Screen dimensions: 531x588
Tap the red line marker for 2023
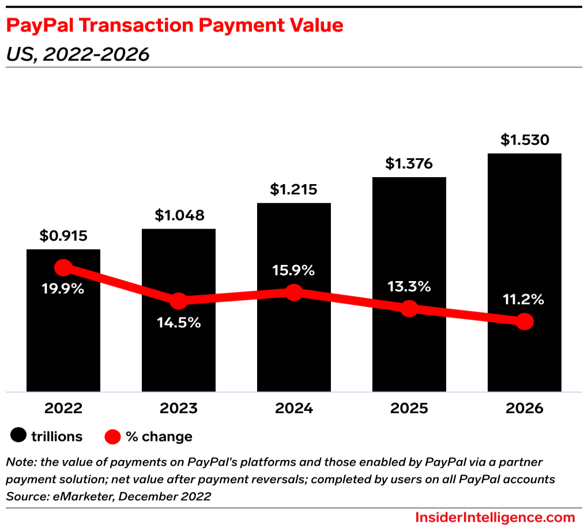click(x=179, y=301)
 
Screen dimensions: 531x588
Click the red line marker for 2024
click(x=294, y=292)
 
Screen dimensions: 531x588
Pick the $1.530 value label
click(x=525, y=140)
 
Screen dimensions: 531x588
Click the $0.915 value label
click(x=63, y=235)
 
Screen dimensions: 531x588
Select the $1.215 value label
click(x=294, y=189)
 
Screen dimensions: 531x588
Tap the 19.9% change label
click(x=63, y=289)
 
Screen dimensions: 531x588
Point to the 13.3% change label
click(x=409, y=286)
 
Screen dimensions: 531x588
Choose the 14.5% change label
click(x=179, y=323)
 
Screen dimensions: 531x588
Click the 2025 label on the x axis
click(x=409, y=408)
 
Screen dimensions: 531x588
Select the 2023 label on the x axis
click(x=179, y=408)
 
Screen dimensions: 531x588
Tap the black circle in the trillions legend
click(x=19, y=436)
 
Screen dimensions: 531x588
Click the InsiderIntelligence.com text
click(x=495, y=517)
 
